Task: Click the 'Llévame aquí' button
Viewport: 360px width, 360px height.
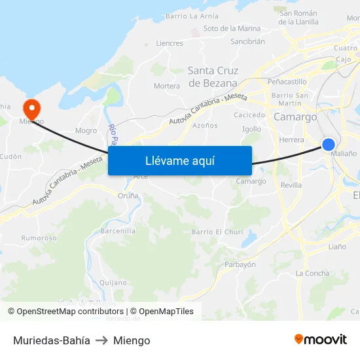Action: (180, 160)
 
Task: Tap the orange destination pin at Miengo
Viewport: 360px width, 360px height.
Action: (31, 109)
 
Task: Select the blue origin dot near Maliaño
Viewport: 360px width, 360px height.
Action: (329, 145)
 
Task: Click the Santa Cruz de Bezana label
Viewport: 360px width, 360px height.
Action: (213, 77)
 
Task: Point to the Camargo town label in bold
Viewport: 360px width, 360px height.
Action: (295, 117)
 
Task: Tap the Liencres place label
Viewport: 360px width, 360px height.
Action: (170, 43)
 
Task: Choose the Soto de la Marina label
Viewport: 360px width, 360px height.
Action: (232, 28)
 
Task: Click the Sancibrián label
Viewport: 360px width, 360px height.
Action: (247, 41)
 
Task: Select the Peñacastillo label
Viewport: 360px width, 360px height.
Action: (287, 82)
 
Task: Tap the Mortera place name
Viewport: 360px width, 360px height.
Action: (166, 86)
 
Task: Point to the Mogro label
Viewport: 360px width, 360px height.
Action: (86, 130)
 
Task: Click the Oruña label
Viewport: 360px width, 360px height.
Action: (128, 195)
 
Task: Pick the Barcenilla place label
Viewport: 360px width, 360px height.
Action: (118, 231)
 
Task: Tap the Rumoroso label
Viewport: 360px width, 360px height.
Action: (39, 238)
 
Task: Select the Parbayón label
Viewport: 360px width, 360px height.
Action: (240, 264)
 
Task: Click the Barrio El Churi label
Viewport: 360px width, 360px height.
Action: (217, 232)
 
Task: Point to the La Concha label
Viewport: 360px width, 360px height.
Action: (313, 273)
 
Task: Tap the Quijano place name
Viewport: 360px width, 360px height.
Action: (113, 283)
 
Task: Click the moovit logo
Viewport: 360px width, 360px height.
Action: (321, 340)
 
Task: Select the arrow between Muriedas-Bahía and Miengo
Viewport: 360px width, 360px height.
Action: (101, 340)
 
